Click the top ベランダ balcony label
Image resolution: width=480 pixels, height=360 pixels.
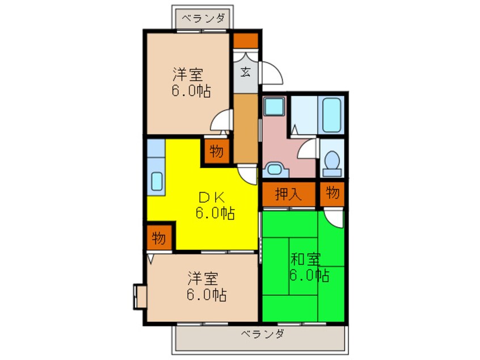[x=203, y=18]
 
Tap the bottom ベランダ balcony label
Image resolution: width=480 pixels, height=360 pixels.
[x=262, y=334]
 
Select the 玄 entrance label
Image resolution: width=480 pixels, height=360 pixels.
[x=246, y=72]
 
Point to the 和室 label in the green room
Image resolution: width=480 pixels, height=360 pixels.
[x=305, y=259]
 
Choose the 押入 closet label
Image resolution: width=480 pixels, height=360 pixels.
[x=288, y=194]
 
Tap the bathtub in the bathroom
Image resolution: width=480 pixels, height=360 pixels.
[x=331, y=115]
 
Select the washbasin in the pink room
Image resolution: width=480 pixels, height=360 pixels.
[x=275, y=170]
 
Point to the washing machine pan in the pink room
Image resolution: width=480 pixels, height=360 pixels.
[x=274, y=106]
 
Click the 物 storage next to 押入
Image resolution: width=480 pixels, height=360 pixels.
[x=332, y=193]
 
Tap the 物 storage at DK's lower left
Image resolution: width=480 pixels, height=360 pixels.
[x=159, y=238]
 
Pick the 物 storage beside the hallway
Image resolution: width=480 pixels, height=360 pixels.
[x=216, y=151]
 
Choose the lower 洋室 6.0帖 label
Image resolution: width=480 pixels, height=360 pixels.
[x=207, y=286]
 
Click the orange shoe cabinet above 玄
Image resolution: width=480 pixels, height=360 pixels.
[x=246, y=40]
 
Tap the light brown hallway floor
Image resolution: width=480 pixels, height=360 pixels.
[x=246, y=128]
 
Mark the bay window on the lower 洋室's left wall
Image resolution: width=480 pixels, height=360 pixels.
[x=140, y=296]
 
